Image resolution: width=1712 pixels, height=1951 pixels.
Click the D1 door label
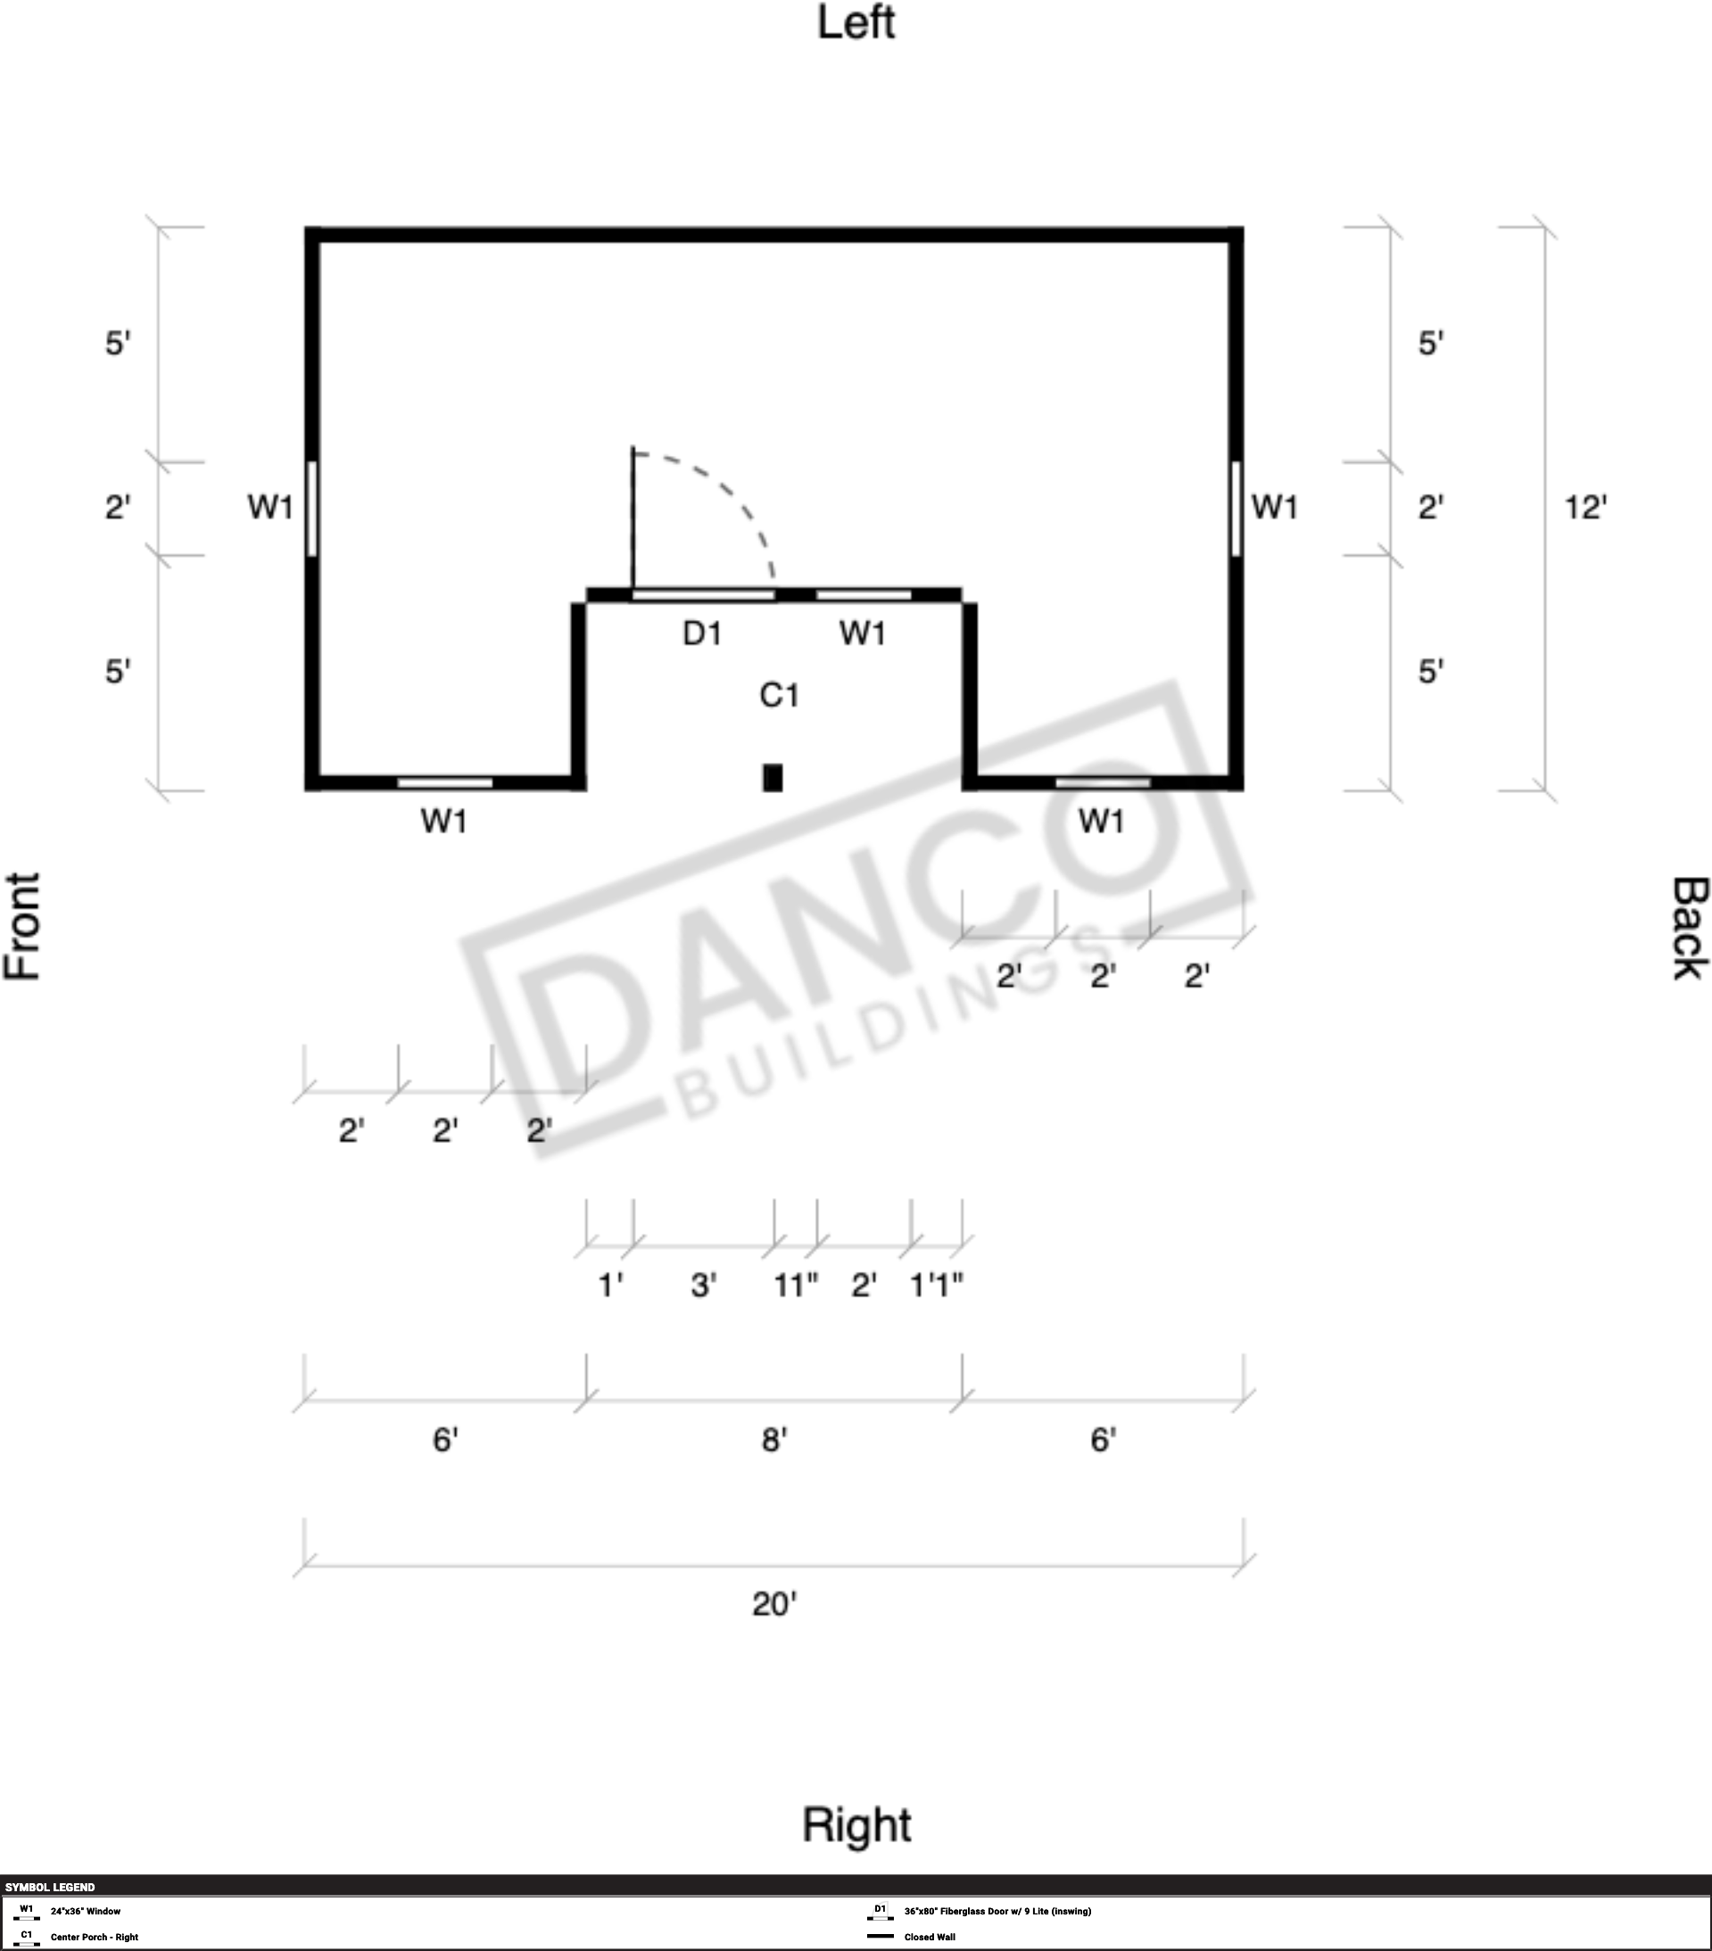point(702,632)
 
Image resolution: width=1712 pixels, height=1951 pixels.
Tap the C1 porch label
point(779,695)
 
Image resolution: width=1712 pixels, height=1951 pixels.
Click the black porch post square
point(772,778)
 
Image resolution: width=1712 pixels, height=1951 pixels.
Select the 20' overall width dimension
point(774,1604)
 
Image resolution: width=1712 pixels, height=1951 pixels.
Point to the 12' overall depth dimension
point(1585,507)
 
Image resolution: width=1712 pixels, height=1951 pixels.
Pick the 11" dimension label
point(796,1285)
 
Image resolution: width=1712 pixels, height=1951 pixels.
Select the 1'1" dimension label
point(936,1285)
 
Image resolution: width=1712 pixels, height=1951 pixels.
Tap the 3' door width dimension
point(703,1285)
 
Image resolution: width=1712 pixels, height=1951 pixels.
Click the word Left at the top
point(856,23)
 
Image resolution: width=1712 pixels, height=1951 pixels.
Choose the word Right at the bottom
point(856,1824)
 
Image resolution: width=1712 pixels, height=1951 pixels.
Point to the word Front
point(23,926)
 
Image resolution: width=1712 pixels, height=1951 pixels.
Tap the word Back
point(1689,928)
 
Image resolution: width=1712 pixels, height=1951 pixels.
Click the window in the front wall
point(312,508)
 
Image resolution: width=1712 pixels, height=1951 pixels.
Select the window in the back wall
point(1236,508)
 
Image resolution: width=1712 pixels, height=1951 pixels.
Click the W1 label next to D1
point(863,632)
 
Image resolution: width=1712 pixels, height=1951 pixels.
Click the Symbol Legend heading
point(50,1887)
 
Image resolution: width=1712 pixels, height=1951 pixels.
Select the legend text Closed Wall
point(930,1937)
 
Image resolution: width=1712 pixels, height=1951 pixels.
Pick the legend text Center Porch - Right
point(95,1937)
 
